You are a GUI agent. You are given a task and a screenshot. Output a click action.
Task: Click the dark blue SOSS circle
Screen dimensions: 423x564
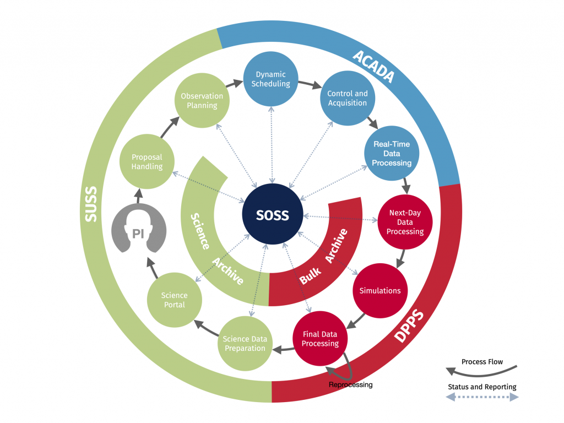tap(272, 215)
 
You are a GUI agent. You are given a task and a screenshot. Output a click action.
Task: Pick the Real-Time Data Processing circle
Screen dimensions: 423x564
tap(392, 154)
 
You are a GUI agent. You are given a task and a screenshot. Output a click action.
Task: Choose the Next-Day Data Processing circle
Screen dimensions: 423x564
tap(405, 222)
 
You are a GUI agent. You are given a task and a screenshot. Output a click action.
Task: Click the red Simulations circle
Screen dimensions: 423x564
tap(379, 290)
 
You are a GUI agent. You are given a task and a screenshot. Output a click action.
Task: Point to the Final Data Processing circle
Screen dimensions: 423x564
tap(320, 339)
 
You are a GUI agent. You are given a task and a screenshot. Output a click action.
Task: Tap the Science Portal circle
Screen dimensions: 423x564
tap(174, 300)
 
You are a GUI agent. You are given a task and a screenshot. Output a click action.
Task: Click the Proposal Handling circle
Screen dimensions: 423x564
tap(147, 161)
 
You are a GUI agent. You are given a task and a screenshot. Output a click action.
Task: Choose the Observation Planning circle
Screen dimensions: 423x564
tap(202, 100)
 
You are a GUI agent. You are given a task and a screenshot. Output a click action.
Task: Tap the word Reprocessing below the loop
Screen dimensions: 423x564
tap(350, 384)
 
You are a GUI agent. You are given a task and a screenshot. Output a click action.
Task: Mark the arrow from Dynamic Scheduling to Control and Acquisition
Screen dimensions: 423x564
tap(311, 86)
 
